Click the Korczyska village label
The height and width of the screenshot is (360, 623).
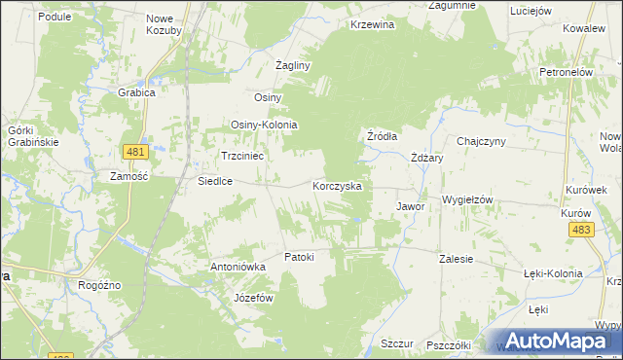[337, 185]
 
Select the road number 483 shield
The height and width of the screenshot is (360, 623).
[582, 229]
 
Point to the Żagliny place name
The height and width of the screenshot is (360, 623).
[292, 65]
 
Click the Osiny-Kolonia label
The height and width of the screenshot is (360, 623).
[264, 126]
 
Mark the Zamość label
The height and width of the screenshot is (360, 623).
[128, 176]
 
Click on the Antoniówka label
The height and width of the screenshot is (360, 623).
[238, 266]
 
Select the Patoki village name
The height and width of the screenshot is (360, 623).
[299, 257]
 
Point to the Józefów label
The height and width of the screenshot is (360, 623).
[252, 298]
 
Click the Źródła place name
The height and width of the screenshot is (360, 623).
[382, 136]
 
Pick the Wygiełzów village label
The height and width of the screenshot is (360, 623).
[468, 198]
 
